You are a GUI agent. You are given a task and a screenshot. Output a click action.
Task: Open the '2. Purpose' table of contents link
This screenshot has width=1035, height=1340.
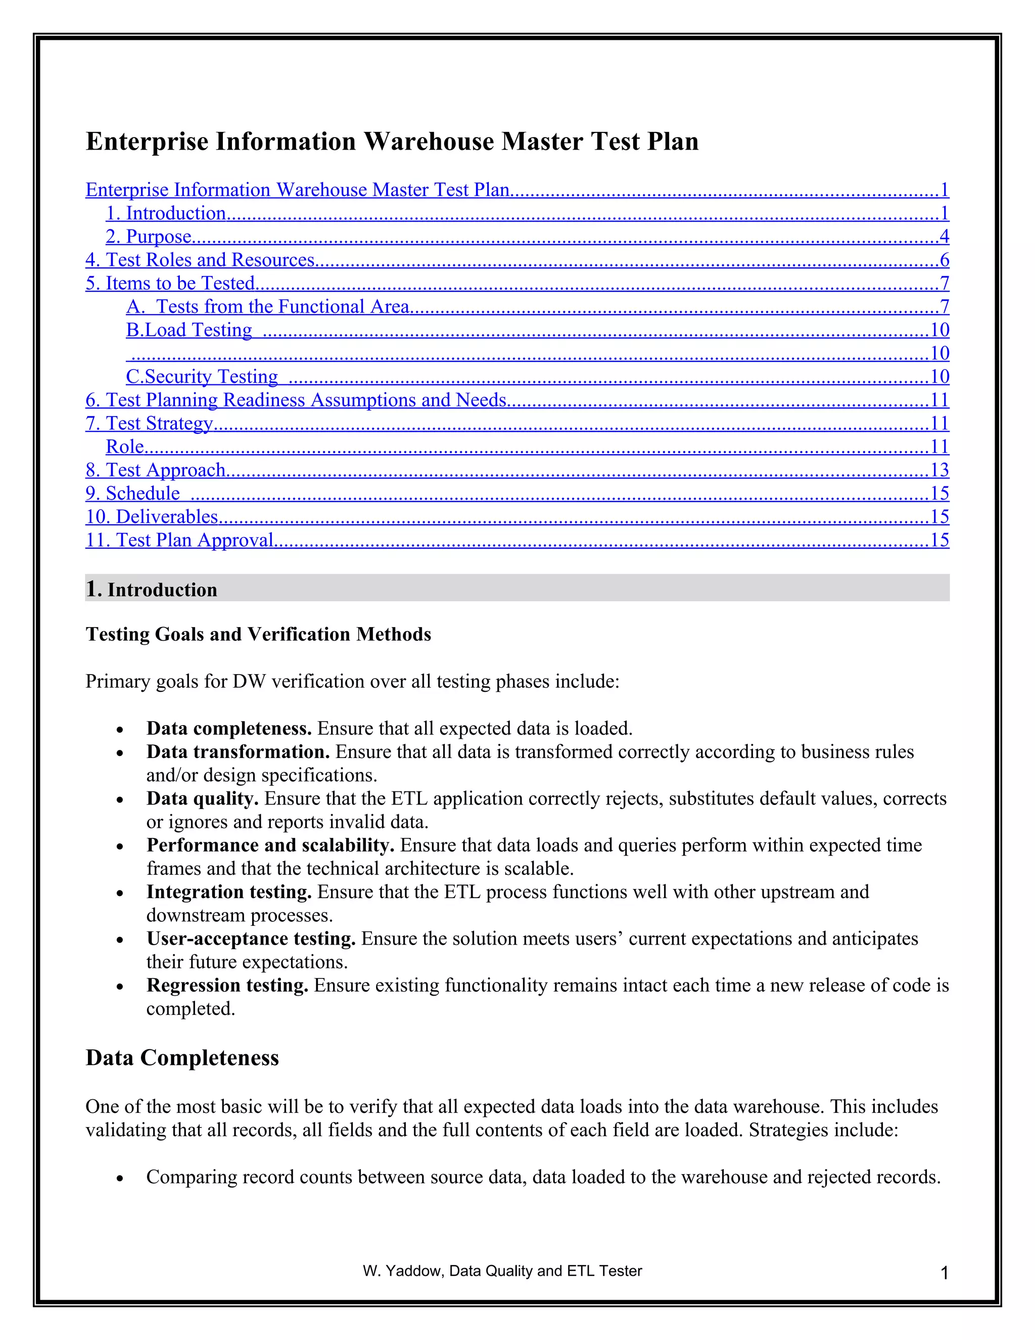[x=149, y=237]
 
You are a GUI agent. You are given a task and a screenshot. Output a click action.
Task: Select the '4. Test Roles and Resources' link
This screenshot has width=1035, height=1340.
[x=200, y=260]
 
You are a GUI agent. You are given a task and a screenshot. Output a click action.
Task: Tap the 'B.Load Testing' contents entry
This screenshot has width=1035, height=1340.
[x=189, y=330]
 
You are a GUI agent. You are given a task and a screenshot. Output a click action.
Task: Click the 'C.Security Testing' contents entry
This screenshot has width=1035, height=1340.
[x=202, y=377]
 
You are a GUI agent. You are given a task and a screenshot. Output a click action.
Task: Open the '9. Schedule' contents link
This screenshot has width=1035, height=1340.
[x=132, y=494]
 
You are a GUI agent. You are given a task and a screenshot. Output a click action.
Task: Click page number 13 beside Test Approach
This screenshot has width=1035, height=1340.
[x=939, y=470]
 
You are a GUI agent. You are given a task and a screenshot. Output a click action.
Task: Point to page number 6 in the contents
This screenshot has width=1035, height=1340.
[x=944, y=260]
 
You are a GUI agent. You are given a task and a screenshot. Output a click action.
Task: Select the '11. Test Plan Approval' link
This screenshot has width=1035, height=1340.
[x=179, y=540]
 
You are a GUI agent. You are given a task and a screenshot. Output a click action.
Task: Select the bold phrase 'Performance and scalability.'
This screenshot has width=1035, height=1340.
[x=270, y=845]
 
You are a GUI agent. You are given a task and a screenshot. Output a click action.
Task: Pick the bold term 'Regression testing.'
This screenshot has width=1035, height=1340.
[x=227, y=986]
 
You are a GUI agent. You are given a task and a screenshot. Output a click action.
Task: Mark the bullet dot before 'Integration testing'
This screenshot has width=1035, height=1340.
[x=120, y=894]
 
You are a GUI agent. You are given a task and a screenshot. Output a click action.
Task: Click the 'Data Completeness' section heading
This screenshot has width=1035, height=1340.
[x=182, y=1058]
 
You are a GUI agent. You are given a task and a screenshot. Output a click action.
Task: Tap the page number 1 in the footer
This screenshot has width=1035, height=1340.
[x=944, y=1274]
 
